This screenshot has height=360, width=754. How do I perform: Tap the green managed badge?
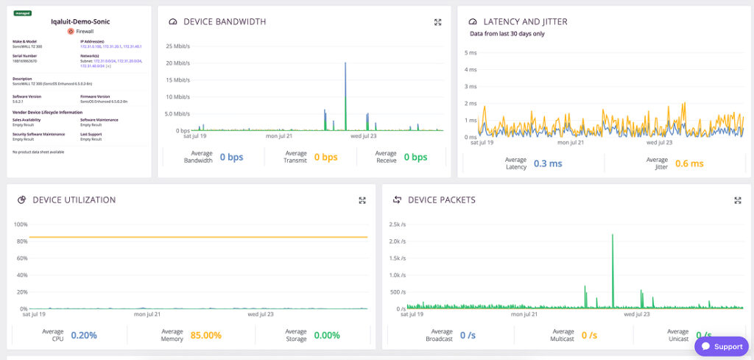click(x=22, y=13)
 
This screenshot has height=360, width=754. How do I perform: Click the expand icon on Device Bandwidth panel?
click(x=437, y=22)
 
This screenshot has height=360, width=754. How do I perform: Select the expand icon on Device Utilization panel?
click(x=362, y=200)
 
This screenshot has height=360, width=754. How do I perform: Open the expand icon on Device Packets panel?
click(x=737, y=200)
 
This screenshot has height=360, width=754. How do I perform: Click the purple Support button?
click(x=721, y=346)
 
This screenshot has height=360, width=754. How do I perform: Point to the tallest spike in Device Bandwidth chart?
click(x=345, y=65)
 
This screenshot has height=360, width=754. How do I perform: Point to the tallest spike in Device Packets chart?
click(x=613, y=236)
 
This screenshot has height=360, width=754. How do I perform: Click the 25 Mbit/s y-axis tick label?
click(x=177, y=46)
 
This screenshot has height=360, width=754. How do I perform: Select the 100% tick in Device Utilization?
click(x=21, y=224)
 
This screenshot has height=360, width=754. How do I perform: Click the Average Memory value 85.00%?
click(x=206, y=335)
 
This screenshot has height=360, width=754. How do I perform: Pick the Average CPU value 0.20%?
click(x=84, y=335)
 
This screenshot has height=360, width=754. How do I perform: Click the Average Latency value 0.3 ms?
click(x=548, y=163)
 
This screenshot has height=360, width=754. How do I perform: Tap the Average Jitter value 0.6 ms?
click(x=689, y=163)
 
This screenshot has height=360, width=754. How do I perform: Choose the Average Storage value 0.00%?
click(x=327, y=335)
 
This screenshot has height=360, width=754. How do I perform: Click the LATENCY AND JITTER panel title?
click(x=525, y=22)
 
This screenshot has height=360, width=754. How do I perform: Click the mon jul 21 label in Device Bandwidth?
click(x=279, y=136)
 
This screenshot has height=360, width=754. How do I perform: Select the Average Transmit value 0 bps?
click(x=325, y=157)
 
